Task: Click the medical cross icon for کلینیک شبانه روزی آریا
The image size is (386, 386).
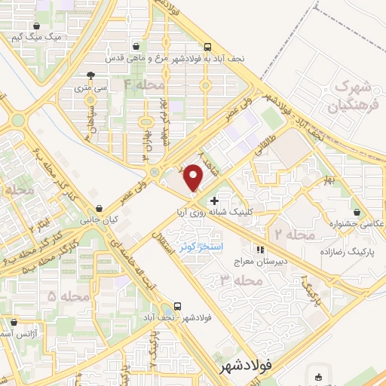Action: (216, 201)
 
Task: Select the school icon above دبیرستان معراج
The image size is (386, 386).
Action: (261, 250)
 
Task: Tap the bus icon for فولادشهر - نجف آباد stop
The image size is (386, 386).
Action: (177, 306)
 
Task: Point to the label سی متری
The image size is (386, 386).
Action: (91, 87)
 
